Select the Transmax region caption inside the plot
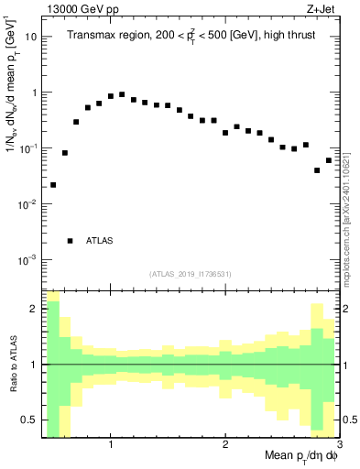coord(190,36)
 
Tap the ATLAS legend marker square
coord(71,241)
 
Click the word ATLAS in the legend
coord(100,241)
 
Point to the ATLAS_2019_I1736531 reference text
coord(191,274)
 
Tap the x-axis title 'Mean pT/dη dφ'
coord(300,455)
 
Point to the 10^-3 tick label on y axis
coord(28,260)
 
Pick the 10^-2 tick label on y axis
coord(28,204)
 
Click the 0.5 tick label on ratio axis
coord(28,420)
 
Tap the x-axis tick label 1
coord(111,442)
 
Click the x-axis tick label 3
coord(338,442)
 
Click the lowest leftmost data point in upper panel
coord(53,185)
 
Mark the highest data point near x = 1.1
coord(122,94)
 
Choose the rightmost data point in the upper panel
coord(329,160)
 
